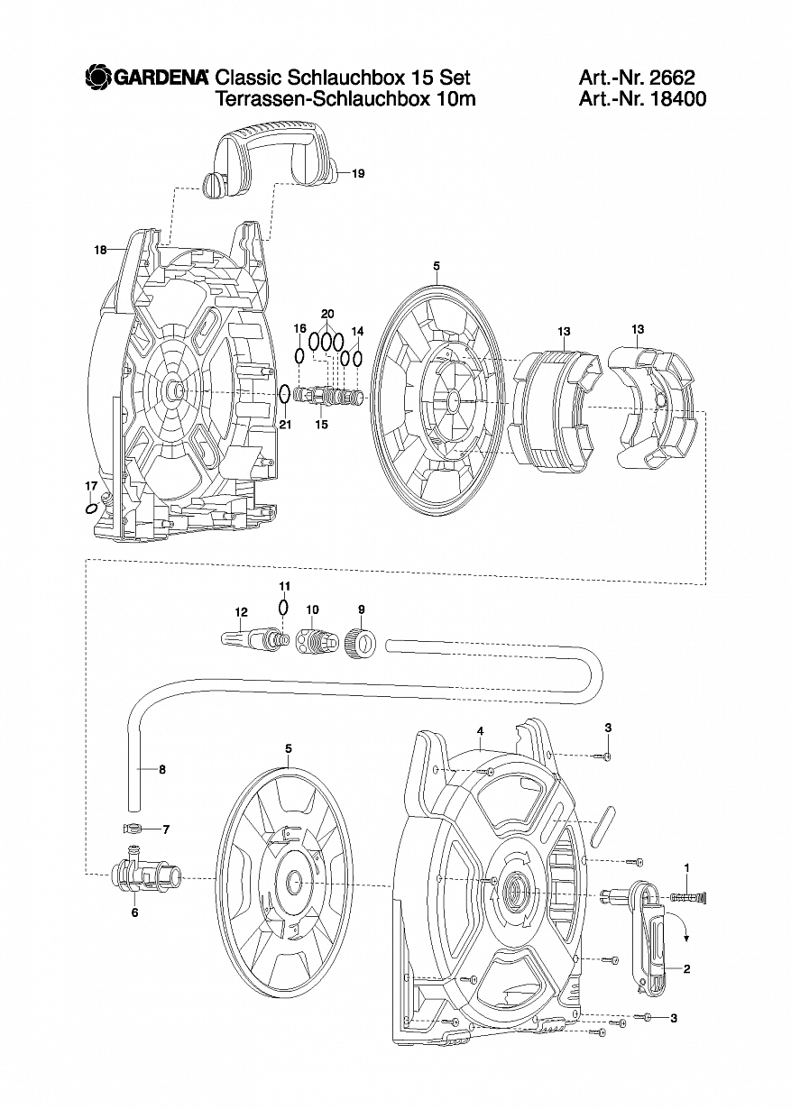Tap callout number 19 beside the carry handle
pos(358,173)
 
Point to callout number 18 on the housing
pos(100,251)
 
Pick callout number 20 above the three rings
pos(327,314)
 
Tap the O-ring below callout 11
pos(283,607)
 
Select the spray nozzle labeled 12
pos(253,637)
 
